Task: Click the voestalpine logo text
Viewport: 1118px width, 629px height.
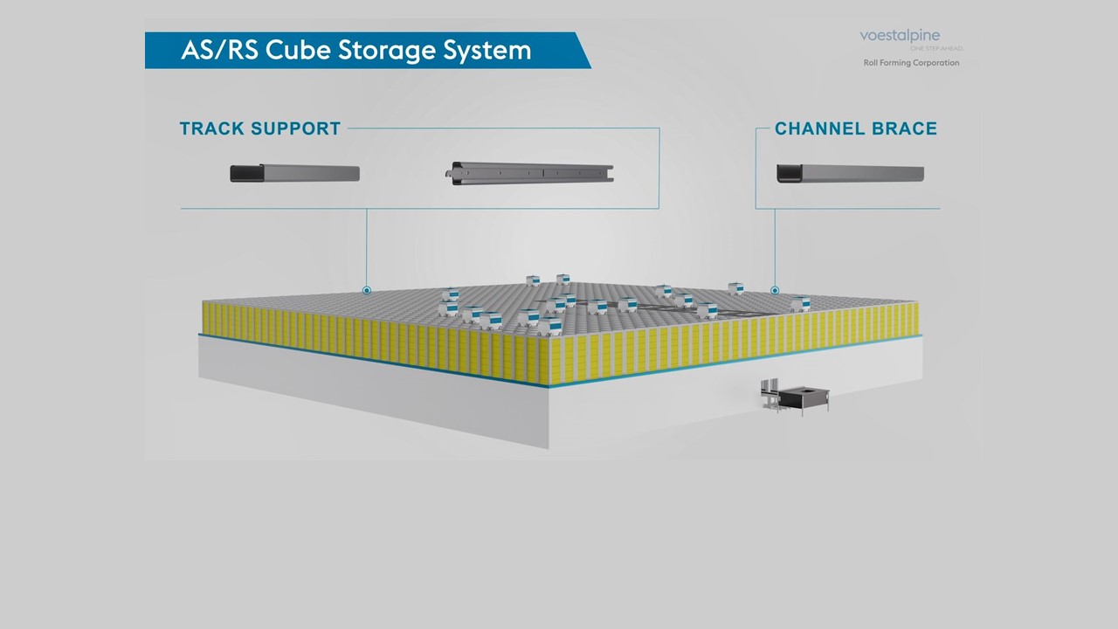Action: [x=900, y=36]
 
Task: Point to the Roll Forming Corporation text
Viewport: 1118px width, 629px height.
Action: [x=911, y=63]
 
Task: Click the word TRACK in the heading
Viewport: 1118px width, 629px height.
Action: [x=213, y=128]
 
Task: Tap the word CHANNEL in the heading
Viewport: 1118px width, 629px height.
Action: [x=818, y=128]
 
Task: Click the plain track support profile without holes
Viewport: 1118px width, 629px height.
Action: [x=295, y=173]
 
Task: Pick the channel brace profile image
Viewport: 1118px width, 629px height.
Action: [x=851, y=174]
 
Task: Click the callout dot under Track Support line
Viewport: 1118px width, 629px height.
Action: [x=367, y=290]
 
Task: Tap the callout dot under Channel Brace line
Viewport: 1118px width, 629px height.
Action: [x=775, y=290]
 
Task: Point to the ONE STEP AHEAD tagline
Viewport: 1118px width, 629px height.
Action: [x=936, y=48]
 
